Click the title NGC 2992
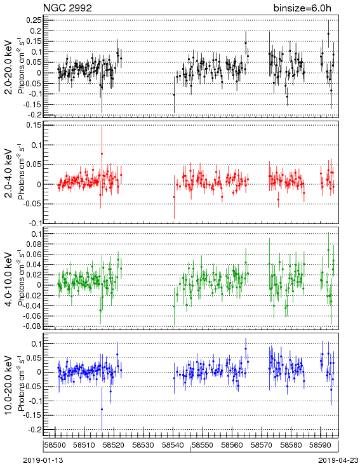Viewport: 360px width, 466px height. (x=67, y=8)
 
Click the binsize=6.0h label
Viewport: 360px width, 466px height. (x=302, y=8)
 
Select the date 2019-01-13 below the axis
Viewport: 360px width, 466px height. (x=43, y=460)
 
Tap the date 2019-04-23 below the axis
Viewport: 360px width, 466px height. (x=338, y=460)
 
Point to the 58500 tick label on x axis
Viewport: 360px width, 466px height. (x=55, y=445)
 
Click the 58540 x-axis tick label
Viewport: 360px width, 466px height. (x=173, y=445)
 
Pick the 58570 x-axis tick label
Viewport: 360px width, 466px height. (x=262, y=445)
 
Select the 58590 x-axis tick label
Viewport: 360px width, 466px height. (x=320, y=445)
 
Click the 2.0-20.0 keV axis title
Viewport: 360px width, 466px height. (x=9, y=67)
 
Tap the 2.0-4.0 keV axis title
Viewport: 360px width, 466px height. (x=9, y=173)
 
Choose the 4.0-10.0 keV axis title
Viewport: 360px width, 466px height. (x=9, y=279)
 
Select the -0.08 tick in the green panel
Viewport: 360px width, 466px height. (x=32, y=326)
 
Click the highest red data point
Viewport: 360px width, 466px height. (x=102, y=154)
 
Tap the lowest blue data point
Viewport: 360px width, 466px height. (x=102, y=409)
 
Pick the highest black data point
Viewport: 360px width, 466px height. (x=328, y=34)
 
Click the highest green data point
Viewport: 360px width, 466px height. (x=328, y=250)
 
